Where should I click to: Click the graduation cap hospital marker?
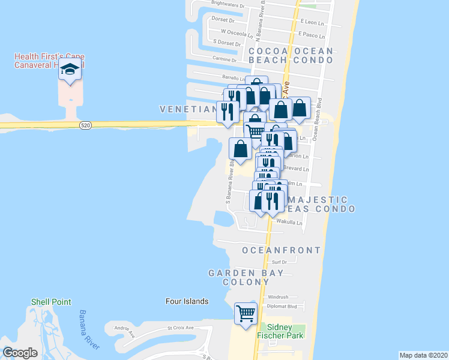[x=70, y=70]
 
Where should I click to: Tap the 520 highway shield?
[x=85, y=124]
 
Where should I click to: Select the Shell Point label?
[x=51, y=302]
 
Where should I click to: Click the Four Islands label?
[x=187, y=301]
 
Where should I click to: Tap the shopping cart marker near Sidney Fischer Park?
[x=246, y=313]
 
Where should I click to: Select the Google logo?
[x=20, y=353]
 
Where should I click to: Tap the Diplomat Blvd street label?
[x=283, y=306]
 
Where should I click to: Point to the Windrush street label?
[x=279, y=296]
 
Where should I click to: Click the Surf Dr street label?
[x=279, y=262]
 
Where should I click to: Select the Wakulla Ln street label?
[x=289, y=222]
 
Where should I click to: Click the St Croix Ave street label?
[x=180, y=328]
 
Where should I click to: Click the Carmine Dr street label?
[x=226, y=59]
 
